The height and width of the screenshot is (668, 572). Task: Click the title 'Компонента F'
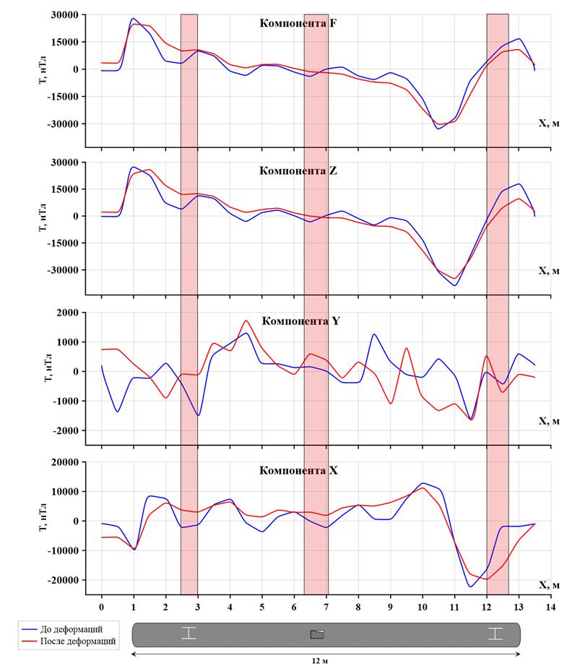pyautogui.click(x=298, y=23)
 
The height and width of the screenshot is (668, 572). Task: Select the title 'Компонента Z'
pyautogui.click(x=298, y=172)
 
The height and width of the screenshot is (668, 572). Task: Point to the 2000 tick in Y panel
pyautogui.click(x=68, y=313)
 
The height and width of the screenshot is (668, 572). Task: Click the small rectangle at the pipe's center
pyautogui.click(x=317, y=634)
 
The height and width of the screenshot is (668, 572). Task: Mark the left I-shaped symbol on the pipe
pyautogui.click(x=188, y=633)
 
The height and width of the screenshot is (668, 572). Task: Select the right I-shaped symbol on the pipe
pyautogui.click(x=495, y=633)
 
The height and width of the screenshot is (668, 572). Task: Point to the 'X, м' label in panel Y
pyautogui.click(x=549, y=420)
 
